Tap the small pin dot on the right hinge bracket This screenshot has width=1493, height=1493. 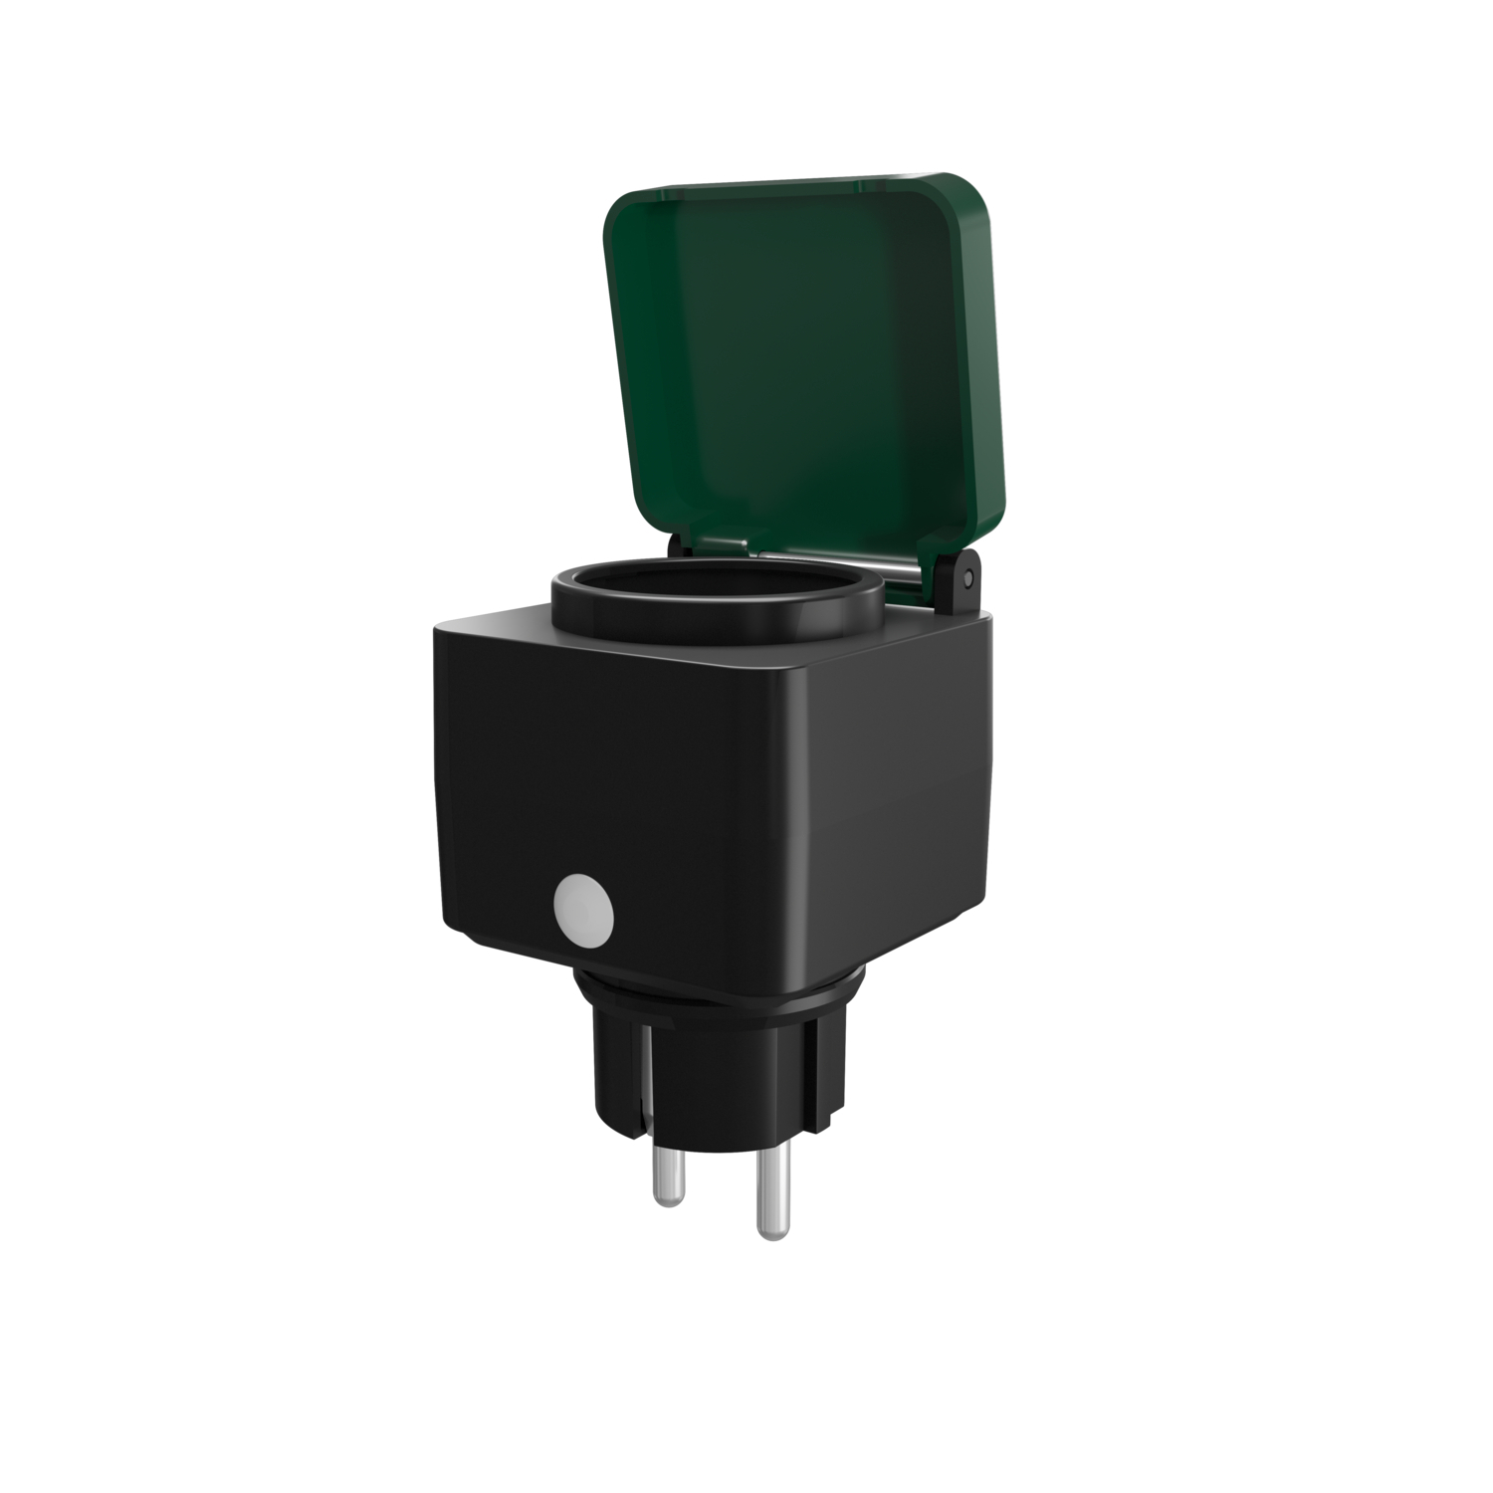click(967, 579)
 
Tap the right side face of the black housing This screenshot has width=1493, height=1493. click(896, 796)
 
